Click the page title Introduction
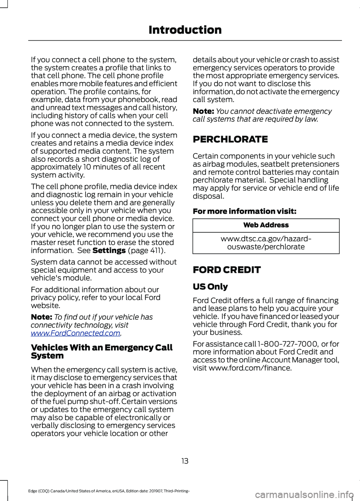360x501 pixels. pos(185,30)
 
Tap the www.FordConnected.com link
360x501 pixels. pos(75,333)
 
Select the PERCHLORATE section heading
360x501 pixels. pos(230,139)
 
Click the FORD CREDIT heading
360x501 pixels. pos(226,270)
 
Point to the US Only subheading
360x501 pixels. pos(210,287)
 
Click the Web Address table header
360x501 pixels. pos(266,225)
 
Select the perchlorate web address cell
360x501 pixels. pos(266,243)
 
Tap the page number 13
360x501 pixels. pos(185,461)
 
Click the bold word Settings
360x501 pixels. pos(109,250)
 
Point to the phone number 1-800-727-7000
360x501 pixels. pos(288,344)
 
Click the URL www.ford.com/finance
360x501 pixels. pos(250,368)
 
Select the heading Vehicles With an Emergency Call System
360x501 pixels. pos(101,351)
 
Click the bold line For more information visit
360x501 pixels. pos(244,211)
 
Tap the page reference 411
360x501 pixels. pos(155,250)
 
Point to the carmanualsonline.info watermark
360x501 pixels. pos(304,495)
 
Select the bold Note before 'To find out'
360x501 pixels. pos(41,317)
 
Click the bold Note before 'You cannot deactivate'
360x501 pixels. pos(203,111)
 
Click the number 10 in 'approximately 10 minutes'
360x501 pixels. pos(87,167)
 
